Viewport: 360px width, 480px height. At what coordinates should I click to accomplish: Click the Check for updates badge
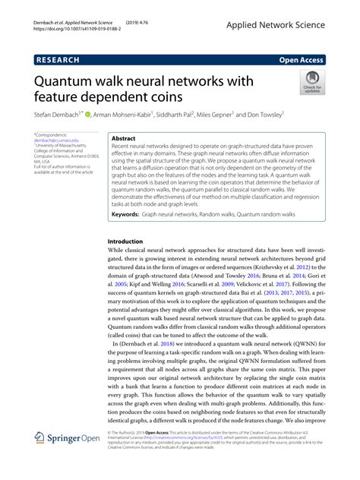point(311,81)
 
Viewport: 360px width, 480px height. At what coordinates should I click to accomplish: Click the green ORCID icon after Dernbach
point(88,115)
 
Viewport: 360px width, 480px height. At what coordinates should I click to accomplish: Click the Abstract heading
point(123,140)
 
